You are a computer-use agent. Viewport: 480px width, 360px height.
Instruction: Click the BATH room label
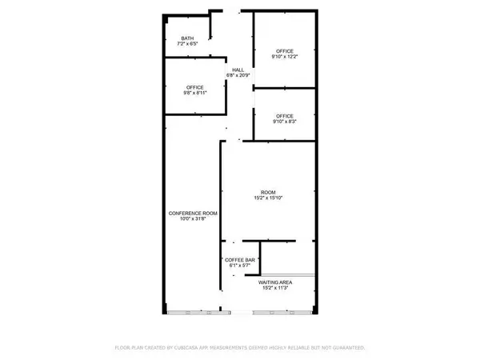pyautogui.click(x=188, y=38)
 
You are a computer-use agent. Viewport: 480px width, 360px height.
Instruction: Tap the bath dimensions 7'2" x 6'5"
pyautogui.click(x=188, y=44)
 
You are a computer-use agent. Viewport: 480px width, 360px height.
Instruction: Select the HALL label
pyautogui.click(x=238, y=70)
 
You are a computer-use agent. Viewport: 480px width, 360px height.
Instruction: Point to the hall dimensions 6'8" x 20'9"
pyautogui.click(x=238, y=76)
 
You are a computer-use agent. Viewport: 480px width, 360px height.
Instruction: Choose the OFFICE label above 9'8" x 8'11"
pyautogui.click(x=194, y=87)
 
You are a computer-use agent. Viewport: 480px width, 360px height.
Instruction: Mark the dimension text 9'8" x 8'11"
pyautogui.click(x=194, y=93)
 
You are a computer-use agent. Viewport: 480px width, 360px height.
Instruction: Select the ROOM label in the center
pyautogui.click(x=268, y=192)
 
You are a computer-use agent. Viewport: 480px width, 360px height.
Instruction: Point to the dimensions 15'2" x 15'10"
pyautogui.click(x=268, y=198)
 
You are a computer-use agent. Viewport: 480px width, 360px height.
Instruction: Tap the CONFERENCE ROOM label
pyautogui.click(x=193, y=213)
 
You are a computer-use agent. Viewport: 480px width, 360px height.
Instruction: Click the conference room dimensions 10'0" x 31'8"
pyautogui.click(x=193, y=218)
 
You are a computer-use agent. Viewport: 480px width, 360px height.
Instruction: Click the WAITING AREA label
pyautogui.click(x=275, y=282)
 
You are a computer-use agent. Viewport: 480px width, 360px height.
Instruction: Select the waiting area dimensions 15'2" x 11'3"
pyautogui.click(x=275, y=288)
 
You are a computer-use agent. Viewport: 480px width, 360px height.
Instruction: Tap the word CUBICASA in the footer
pyautogui.click(x=205, y=348)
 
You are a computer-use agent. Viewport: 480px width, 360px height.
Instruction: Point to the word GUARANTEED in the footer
pyautogui.click(x=347, y=348)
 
